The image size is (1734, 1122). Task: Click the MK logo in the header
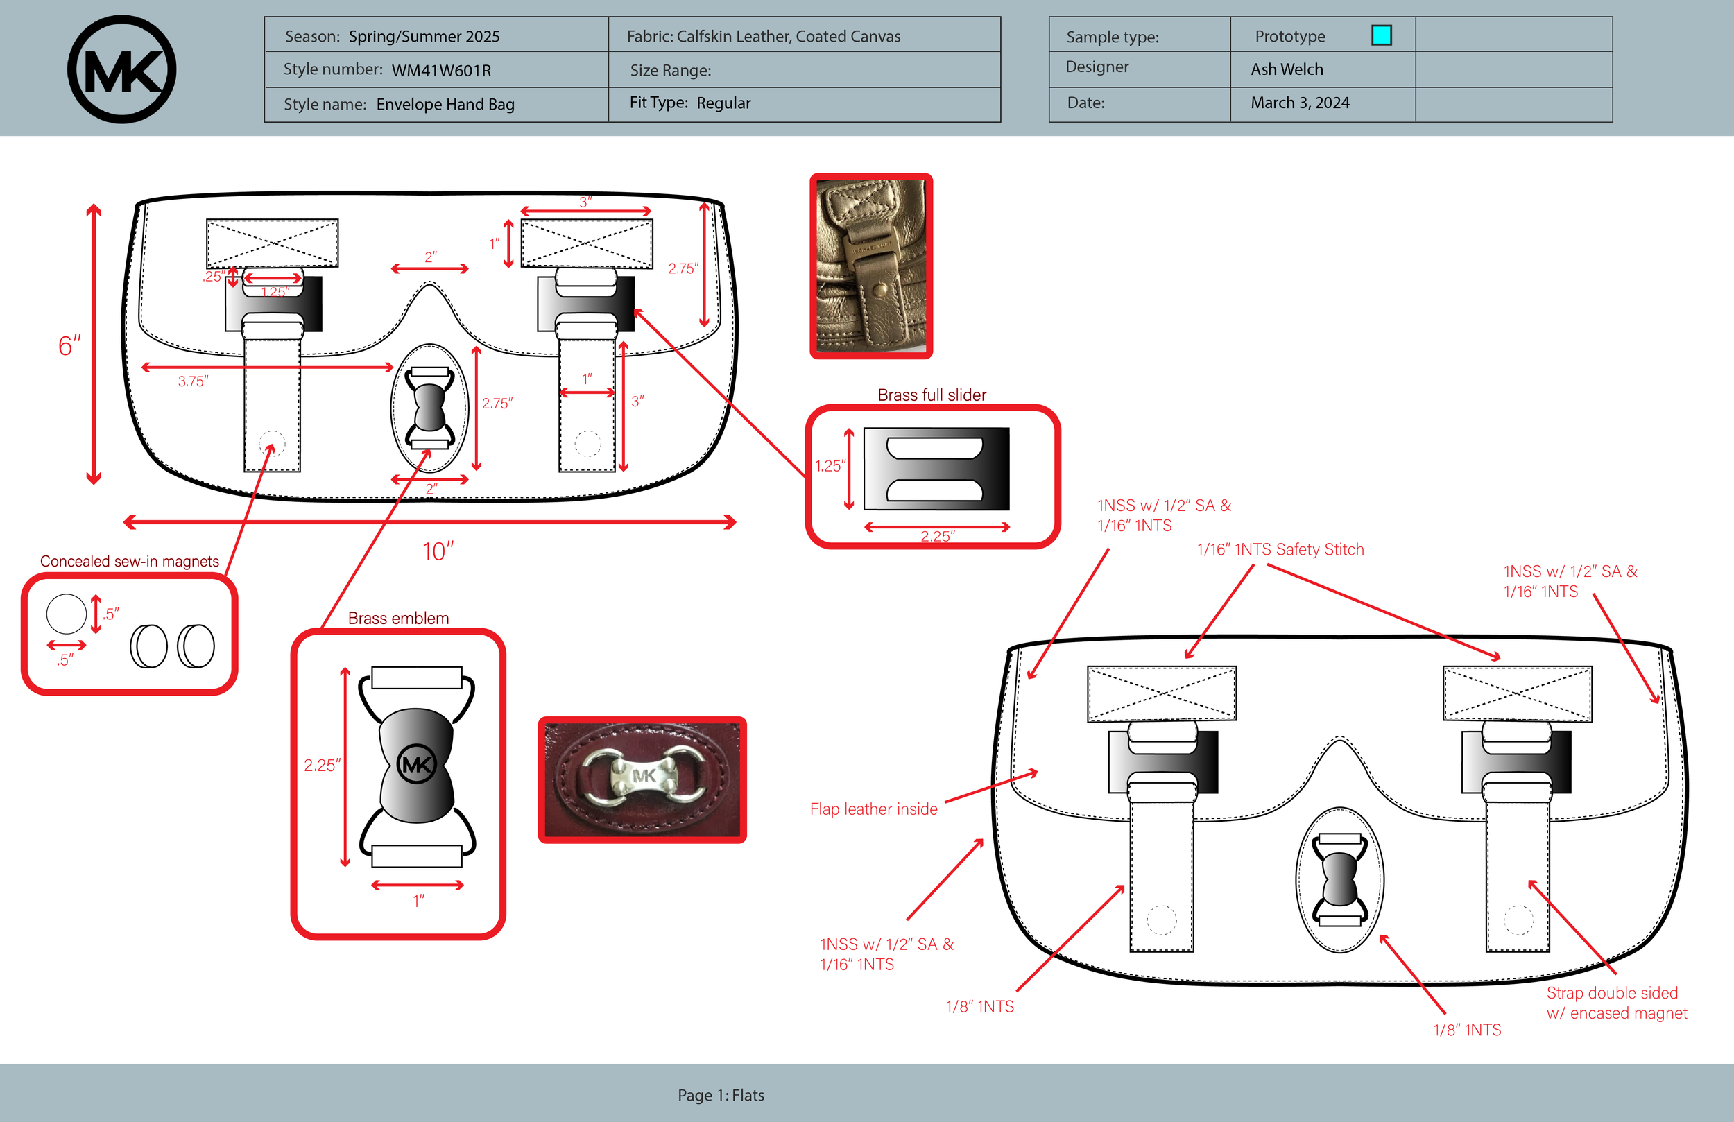tap(121, 69)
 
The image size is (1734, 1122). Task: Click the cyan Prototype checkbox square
tap(1381, 35)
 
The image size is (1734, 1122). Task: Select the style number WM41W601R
tap(441, 71)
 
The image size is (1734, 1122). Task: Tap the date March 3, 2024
tap(1300, 103)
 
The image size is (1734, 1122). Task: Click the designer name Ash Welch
tap(1287, 69)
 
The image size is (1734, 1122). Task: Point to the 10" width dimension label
tap(437, 551)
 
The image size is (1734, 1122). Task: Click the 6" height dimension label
tap(69, 346)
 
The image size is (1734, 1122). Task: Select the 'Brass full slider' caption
tap(931, 395)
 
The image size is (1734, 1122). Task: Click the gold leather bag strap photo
tap(870, 266)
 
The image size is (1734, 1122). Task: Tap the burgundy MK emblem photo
tap(642, 779)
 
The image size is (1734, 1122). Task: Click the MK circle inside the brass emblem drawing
tap(417, 764)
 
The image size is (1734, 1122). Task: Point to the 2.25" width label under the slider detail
tap(937, 536)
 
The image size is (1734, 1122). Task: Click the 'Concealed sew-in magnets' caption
tap(129, 561)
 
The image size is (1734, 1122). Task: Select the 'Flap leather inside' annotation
tap(873, 809)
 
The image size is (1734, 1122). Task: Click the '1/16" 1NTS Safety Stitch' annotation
tap(1280, 549)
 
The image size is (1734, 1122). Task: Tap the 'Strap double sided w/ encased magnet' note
tap(1616, 1003)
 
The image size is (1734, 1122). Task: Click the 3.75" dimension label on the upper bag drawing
tap(193, 381)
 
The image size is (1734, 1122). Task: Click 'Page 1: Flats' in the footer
tap(721, 1095)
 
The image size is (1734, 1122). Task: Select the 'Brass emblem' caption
tap(398, 618)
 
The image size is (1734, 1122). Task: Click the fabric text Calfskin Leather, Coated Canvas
tap(788, 37)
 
